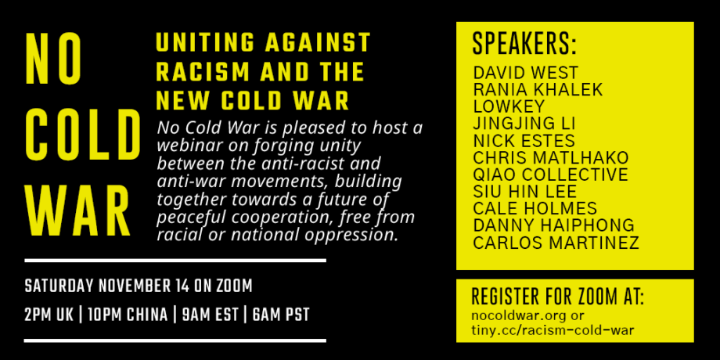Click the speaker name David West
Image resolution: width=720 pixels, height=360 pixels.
tap(526, 73)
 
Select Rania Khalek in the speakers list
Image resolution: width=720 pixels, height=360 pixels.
tap(538, 89)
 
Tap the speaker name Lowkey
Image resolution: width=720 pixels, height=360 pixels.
tap(509, 106)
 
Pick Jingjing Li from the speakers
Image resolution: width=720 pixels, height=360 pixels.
tap(524, 124)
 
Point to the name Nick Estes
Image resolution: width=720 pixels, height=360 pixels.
tap(524, 141)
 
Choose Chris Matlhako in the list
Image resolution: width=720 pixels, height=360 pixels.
tap(550, 157)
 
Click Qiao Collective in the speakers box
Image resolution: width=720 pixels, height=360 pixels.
tap(550, 175)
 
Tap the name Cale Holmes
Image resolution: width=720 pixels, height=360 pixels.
tap(535, 208)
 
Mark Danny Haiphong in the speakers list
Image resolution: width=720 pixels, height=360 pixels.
tap(554, 225)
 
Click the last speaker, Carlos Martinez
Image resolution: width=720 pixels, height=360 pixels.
tap(556, 243)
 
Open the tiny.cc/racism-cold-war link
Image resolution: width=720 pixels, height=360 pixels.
tap(553, 330)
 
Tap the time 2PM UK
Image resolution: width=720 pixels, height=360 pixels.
tap(49, 315)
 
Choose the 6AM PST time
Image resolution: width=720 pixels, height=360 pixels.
tap(281, 315)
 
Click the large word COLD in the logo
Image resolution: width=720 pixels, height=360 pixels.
tap(83, 135)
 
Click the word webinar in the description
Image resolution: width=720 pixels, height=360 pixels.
tap(186, 146)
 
